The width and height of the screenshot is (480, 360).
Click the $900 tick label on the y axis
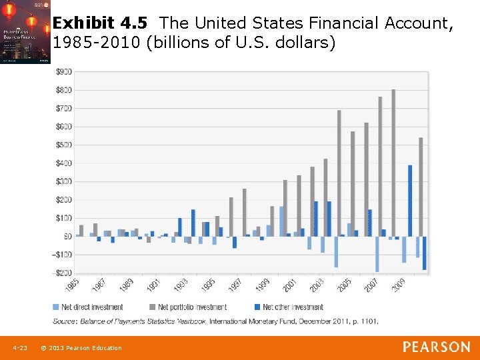coord(64,71)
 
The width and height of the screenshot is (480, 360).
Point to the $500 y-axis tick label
coord(64,145)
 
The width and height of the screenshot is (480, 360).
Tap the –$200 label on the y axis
coord(63,273)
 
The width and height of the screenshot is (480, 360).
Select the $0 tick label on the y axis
coord(67,236)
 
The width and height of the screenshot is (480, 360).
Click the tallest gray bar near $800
coord(393,163)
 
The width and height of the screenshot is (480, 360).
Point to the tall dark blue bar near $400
coord(410,201)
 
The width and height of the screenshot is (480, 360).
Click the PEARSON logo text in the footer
coord(436,347)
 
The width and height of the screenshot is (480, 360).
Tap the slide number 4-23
coord(19,348)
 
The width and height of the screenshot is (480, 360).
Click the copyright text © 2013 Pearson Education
coord(81,348)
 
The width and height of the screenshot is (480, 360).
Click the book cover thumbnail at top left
coord(25,32)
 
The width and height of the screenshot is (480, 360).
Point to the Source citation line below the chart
coord(216,321)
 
